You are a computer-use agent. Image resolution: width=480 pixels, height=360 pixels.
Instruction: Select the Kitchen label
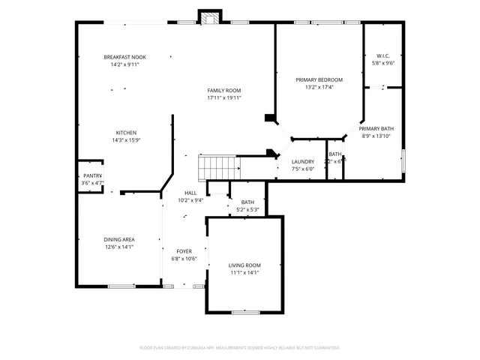126,133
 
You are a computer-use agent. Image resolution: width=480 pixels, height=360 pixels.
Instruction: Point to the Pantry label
92,175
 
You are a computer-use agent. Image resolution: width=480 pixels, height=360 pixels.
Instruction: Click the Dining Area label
118,239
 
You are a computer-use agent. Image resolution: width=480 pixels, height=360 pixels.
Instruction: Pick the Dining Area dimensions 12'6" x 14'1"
118,247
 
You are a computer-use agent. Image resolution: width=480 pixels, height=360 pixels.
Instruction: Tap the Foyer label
184,251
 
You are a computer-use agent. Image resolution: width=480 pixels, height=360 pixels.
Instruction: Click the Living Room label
244,265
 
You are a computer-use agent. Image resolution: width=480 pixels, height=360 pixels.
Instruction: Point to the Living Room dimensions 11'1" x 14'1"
244,272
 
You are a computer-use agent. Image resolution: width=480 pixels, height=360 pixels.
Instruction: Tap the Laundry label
302,161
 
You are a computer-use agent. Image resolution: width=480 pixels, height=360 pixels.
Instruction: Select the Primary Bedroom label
319,79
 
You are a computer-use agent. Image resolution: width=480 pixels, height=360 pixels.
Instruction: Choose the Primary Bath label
376,128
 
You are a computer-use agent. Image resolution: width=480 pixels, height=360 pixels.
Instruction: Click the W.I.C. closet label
382,56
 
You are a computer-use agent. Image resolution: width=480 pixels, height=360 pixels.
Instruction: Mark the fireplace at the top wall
209,16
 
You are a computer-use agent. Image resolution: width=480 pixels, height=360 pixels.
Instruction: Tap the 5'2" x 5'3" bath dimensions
247,210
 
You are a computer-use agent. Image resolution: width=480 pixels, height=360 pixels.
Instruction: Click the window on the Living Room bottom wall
244,311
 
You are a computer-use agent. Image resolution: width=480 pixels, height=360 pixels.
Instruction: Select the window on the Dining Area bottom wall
121,286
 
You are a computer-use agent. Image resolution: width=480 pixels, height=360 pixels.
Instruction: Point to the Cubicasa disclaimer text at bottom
240,347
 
